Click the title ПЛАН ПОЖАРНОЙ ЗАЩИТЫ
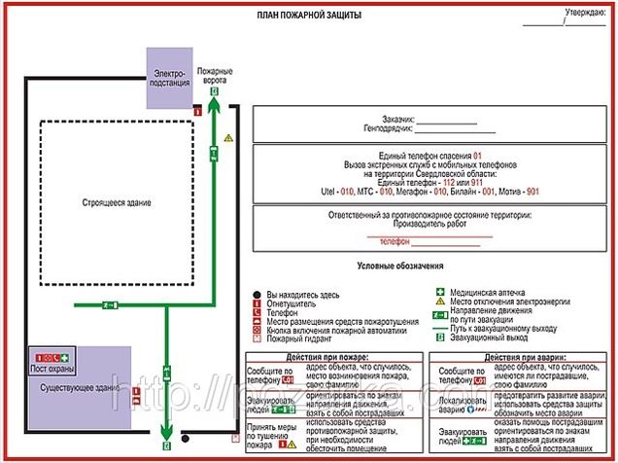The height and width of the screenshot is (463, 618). (309, 16)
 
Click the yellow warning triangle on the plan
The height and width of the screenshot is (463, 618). (228, 139)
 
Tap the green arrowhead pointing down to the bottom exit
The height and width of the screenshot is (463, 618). (166, 434)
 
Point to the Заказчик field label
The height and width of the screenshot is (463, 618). (398, 118)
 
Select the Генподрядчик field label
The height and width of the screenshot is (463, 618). (389, 127)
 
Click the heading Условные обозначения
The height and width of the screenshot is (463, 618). (400, 266)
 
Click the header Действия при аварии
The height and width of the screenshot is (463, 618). (525, 357)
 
